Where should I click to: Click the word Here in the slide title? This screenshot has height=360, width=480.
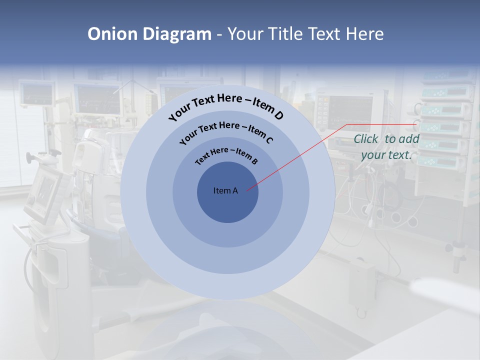364,34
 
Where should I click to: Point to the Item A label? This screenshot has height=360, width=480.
225,190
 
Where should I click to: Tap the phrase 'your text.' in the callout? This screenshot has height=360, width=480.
386,155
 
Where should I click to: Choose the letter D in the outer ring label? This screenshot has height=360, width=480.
277,115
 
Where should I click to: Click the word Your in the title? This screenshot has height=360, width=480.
247,34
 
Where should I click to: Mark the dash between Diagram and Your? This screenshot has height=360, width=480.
219,34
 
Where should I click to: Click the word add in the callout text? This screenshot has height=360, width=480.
409,139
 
